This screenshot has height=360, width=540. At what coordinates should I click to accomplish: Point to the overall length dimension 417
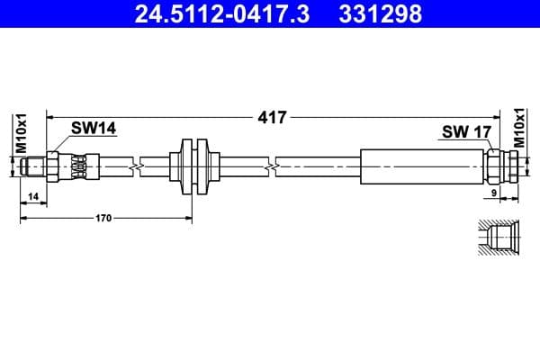[x=271, y=117]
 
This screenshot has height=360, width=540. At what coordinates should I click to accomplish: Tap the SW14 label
[x=94, y=130]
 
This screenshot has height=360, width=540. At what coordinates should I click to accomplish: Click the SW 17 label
[x=466, y=132]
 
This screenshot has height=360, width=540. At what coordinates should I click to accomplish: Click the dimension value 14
[x=32, y=195]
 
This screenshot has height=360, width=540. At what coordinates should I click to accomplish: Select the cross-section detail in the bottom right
[x=496, y=239]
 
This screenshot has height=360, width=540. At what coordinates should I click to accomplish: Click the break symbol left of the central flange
[x=135, y=166]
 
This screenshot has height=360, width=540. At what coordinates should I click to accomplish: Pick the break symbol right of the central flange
[x=271, y=166]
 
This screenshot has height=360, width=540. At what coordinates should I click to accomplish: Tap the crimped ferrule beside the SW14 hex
[x=79, y=166]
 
